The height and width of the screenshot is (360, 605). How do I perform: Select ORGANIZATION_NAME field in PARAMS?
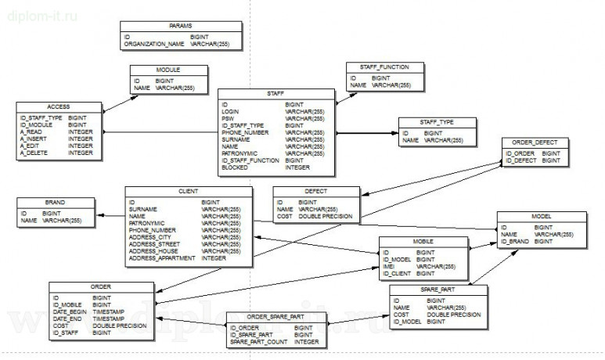click(x=154, y=45)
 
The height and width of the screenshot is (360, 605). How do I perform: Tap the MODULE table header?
click(x=168, y=70)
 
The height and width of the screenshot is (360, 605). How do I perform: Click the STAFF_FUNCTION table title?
click(x=384, y=68)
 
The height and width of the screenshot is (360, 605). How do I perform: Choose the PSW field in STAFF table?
click(x=228, y=118)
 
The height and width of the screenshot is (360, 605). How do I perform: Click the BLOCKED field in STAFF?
click(x=236, y=167)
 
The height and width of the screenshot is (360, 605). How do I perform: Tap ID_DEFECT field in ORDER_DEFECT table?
click(x=521, y=160)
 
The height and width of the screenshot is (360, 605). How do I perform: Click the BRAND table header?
click(x=56, y=202)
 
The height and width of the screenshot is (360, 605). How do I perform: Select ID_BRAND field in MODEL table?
click(x=516, y=242)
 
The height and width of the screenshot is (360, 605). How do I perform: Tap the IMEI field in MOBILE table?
click(x=389, y=266)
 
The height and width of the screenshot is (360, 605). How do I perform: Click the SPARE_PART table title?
click(x=438, y=290)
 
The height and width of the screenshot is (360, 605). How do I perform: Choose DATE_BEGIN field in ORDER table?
click(x=70, y=311)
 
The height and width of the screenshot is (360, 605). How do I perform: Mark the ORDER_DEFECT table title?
click(x=533, y=142)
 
